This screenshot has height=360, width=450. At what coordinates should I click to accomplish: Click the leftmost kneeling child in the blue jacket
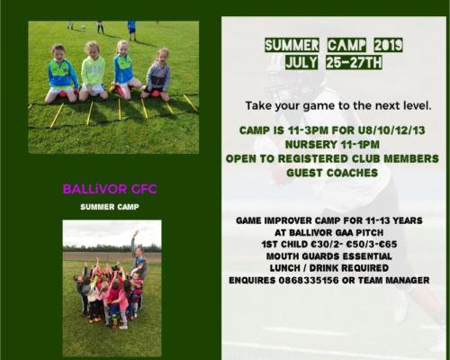click(x=61, y=76)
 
